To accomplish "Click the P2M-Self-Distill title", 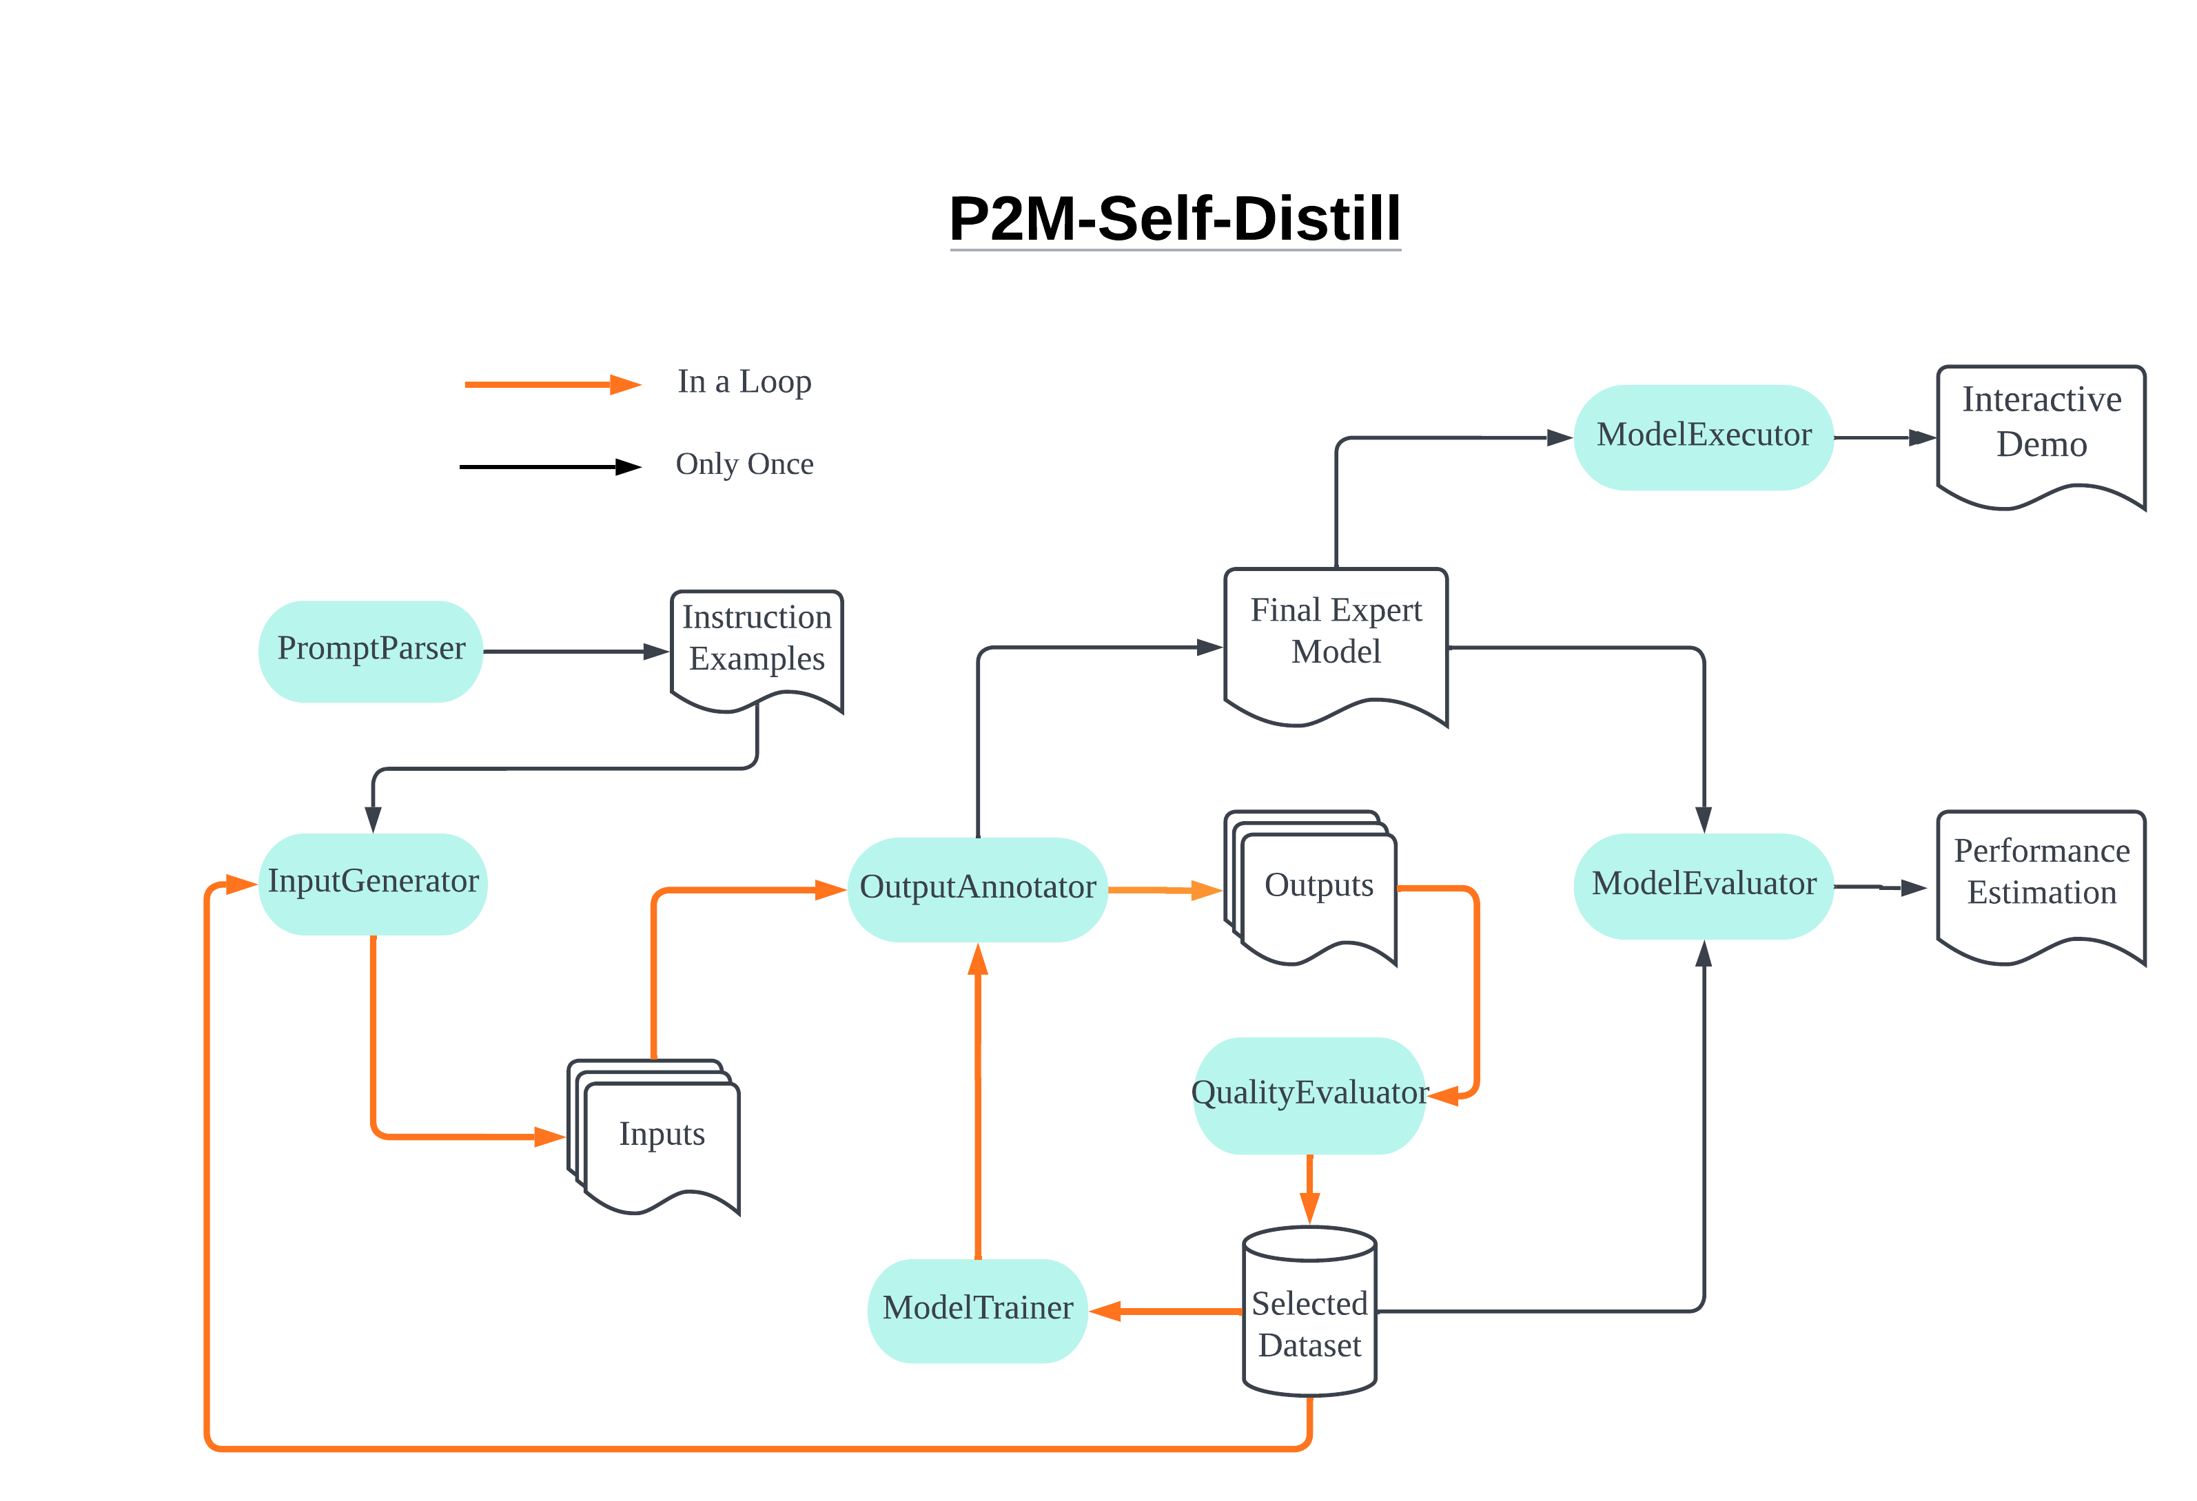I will point(1174,219).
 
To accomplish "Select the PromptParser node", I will point(371,650).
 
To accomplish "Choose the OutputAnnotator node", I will point(977,889).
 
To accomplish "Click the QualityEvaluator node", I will point(1309,1095).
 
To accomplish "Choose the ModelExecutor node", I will point(1703,437).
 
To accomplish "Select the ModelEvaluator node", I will point(1703,884).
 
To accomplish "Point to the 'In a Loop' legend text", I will point(744,382).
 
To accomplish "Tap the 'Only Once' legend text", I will point(744,464).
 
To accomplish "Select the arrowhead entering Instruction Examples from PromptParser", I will point(656,651).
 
